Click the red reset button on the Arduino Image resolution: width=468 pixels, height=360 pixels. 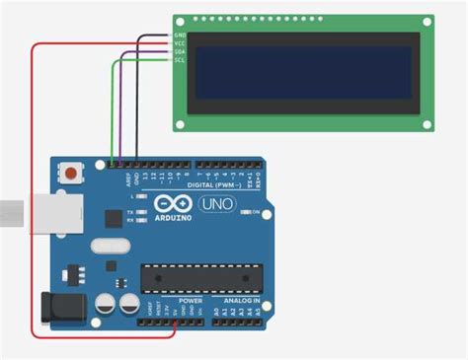(72, 174)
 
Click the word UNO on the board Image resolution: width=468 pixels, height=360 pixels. (216, 204)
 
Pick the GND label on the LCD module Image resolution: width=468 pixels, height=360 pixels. (180, 35)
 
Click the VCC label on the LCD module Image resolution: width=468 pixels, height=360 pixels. (180, 43)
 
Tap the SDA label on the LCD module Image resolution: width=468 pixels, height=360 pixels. (180, 52)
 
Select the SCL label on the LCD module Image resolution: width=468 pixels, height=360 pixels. (180, 60)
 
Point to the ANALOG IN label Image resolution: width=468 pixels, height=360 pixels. (241, 300)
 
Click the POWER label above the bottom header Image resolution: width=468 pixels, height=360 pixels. (191, 300)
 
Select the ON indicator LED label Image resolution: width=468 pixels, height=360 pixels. (256, 212)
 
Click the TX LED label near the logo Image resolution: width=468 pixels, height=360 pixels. (130, 211)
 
